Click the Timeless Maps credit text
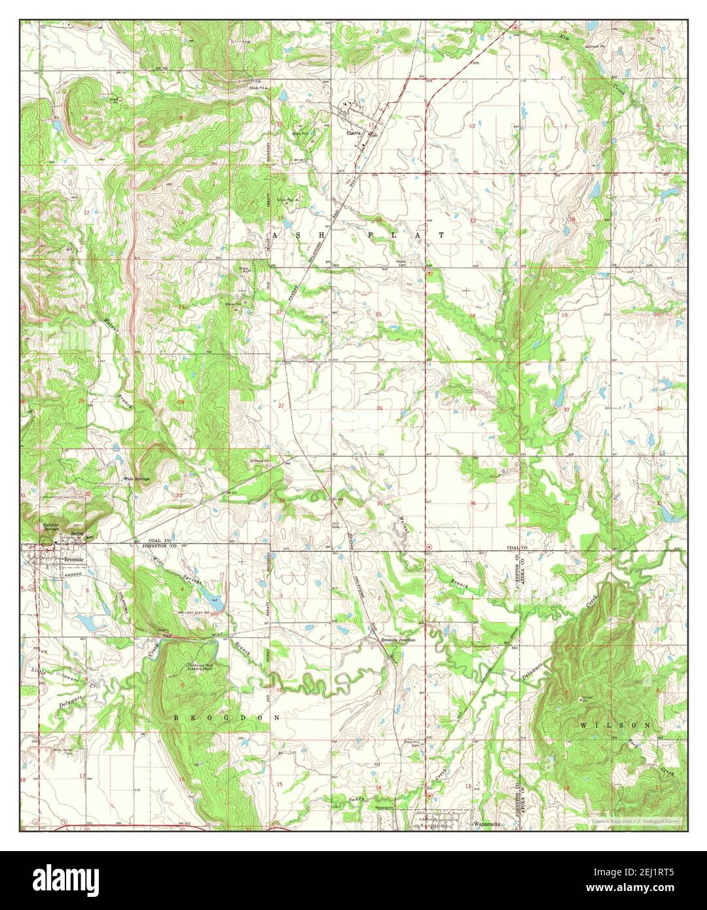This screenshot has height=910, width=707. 634,820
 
